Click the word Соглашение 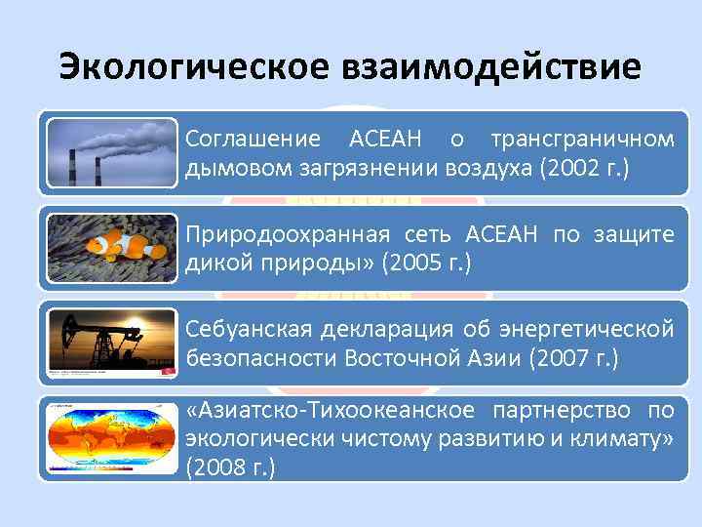252,139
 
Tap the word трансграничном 582,139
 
